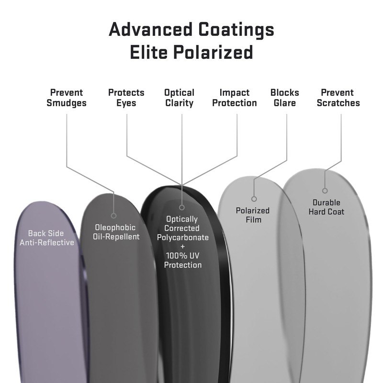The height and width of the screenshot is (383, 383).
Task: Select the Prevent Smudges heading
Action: point(67,98)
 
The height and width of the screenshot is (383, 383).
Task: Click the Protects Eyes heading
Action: point(126,98)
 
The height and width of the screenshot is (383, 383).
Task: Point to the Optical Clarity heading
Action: point(179,98)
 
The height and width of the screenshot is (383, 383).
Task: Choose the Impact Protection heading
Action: point(235,98)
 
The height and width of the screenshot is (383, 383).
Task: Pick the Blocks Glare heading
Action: point(284,98)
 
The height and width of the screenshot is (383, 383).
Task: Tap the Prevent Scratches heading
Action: point(338,98)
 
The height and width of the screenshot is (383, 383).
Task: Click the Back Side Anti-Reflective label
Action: point(46,238)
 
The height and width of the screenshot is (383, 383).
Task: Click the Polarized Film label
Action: point(253,215)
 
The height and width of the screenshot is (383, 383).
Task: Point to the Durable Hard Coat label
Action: point(326,207)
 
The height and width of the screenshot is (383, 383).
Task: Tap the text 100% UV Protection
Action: point(183,260)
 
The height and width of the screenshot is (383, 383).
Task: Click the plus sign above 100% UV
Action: point(182,247)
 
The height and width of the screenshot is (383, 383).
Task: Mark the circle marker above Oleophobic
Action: point(114,215)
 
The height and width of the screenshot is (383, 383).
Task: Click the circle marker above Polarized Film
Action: point(254,199)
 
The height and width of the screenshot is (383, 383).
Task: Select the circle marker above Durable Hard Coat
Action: point(325,191)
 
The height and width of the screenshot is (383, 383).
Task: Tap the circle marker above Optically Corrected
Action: point(182,207)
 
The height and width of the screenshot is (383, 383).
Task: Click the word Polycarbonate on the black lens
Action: point(183,237)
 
